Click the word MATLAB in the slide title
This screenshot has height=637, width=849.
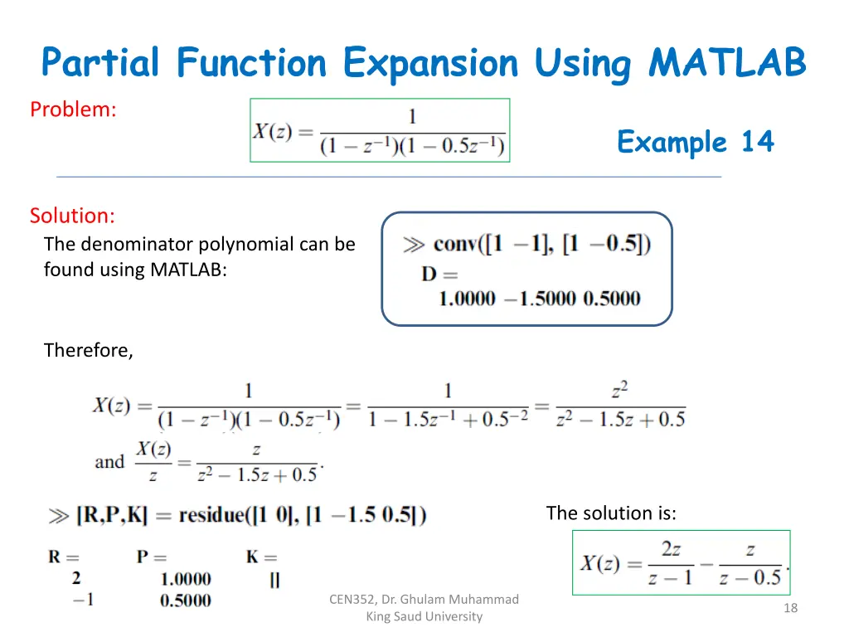coord(727,63)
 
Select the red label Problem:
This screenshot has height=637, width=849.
coord(73,109)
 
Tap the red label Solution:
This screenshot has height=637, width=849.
coord(72,216)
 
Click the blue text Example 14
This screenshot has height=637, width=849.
coord(695,143)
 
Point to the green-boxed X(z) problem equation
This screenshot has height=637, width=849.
coord(380,130)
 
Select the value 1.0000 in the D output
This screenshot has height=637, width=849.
coord(468,299)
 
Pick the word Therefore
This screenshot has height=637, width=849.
coord(88,350)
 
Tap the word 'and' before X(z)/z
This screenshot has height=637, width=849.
coord(109,462)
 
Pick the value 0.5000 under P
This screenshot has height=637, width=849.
coord(186,600)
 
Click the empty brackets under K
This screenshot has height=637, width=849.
coord(274,580)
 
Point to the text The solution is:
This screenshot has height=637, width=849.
coord(611,513)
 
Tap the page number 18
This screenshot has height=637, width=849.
coord(790,609)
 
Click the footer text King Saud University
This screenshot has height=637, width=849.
coord(424,616)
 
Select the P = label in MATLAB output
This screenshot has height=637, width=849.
coord(152,557)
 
